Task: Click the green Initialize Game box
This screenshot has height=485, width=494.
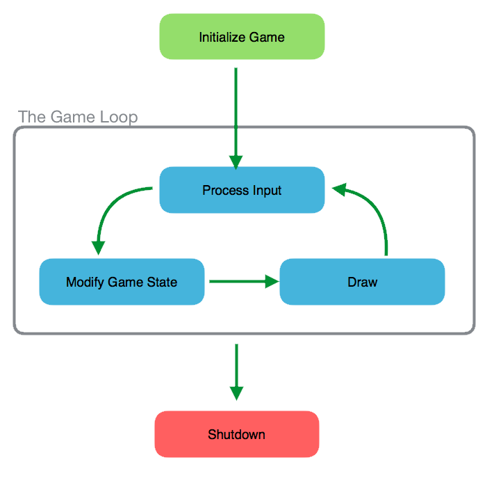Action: click(x=242, y=37)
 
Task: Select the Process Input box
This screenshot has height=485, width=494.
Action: click(x=242, y=190)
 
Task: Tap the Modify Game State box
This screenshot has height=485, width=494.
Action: click(x=122, y=282)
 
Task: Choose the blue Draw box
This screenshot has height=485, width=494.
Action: click(x=362, y=282)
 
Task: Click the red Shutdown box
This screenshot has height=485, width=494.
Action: click(x=237, y=434)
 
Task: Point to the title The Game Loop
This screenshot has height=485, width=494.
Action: click(x=78, y=118)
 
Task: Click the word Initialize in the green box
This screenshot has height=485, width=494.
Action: click(x=222, y=38)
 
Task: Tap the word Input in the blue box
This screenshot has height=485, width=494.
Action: click(x=267, y=191)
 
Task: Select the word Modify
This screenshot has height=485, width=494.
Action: click(x=85, y=283)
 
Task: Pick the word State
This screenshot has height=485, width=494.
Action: click(x=162, y=282)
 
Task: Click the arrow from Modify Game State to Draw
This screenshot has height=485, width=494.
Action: click(x=244, y=282)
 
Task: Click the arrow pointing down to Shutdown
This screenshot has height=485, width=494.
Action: click(x=237, y=372)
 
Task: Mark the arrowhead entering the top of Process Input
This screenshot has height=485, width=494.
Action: click(x=236, y=163)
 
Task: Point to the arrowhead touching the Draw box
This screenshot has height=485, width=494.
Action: click(x=272, y=282)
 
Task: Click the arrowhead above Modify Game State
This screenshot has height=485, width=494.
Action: click(x=98, y=248)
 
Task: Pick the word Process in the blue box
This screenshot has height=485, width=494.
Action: click(x=226, y=190)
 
